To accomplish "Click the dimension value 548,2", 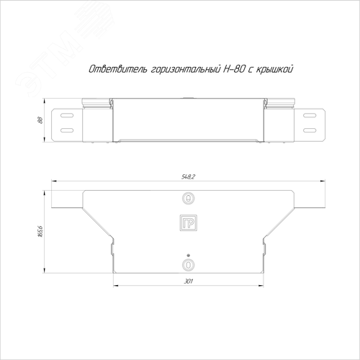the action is tap(189, 177).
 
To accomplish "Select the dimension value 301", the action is tap(189, 281).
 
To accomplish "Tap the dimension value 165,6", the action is tap(40, 231).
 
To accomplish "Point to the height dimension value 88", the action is tap(40, 120).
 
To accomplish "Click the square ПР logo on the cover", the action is tap(189, 223).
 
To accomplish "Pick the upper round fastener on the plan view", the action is tap(189, 199).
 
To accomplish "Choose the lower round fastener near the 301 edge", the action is tap(189, 265).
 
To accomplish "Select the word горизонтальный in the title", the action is tap(186, 70).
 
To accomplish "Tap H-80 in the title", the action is tap(234, 69).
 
